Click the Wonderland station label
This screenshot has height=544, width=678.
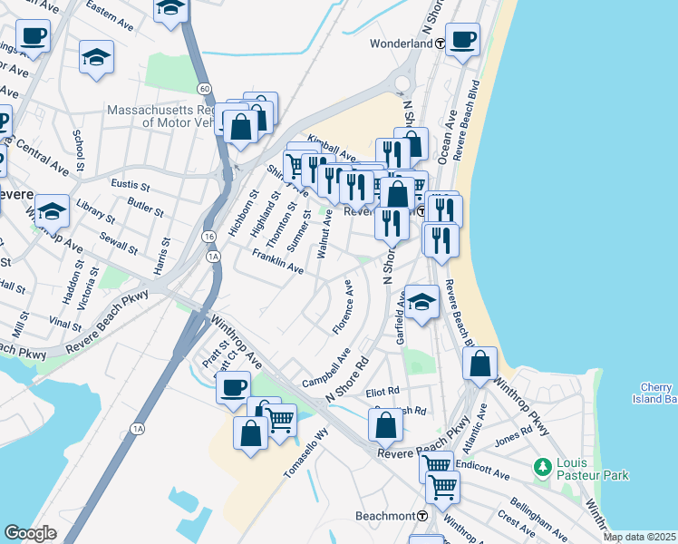[401, 43]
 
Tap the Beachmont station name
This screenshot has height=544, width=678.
[385, 515]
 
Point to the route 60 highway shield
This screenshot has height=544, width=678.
[206, 88]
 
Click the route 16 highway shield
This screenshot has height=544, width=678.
[209, 236]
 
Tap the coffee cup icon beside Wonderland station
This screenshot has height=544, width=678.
[462, 41]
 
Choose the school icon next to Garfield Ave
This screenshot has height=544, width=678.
[421, 303]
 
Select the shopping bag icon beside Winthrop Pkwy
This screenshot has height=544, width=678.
[480, 364]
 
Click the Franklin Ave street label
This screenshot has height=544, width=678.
[278, 262]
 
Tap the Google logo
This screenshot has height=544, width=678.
[29, 532]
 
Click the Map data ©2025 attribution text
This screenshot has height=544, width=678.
[638, 537]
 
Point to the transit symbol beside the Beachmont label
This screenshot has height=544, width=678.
[423, 515]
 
